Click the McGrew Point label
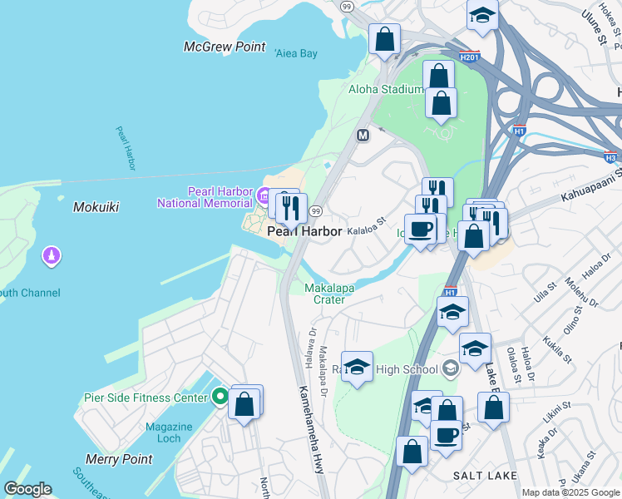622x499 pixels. tap(225, 47)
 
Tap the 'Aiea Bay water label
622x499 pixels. tap(295, 53)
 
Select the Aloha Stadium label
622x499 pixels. tap(385, 89)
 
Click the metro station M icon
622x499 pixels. tap(363, 135)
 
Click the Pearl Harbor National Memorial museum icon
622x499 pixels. tap(263, 197)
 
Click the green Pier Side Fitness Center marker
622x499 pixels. tap(220, 397)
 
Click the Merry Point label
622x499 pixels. tap(119, 459)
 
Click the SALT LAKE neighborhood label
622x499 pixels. tap(480, 474)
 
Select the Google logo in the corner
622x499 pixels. tap(27, 489)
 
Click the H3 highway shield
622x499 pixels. tap(610, 156)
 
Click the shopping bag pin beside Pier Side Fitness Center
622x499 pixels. tap(244, 405)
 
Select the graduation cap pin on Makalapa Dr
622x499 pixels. tap(357, 367)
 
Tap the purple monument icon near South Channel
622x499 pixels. tap(52, 256)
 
